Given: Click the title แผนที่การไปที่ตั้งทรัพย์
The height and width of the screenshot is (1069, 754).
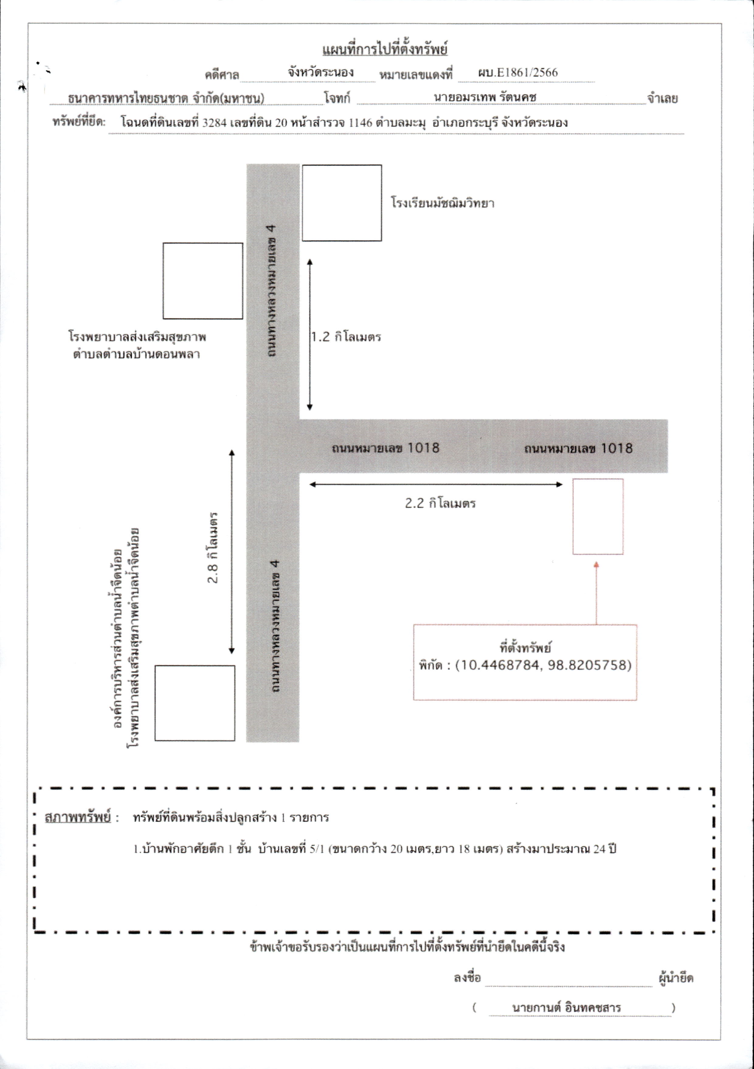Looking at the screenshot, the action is pos(385,49).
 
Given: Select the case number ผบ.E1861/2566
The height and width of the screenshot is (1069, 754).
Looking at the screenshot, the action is pos(517,73).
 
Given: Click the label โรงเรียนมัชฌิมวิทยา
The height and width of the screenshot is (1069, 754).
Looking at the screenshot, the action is pos(442,203).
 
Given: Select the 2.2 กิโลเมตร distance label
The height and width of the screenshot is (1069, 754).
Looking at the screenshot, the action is pos(440,503).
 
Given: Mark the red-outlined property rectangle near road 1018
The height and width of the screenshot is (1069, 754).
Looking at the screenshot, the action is pos(573,517).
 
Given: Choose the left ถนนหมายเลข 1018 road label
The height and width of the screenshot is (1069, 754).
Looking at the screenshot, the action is pos(386,448).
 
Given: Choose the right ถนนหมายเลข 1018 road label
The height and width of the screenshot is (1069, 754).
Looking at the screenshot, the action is pos(579,448).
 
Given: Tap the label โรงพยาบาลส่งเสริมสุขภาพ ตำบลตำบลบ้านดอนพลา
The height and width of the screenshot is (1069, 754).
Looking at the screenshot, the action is pos(137,345).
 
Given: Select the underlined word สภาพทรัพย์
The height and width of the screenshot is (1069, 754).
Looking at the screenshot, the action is pos(78,817).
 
